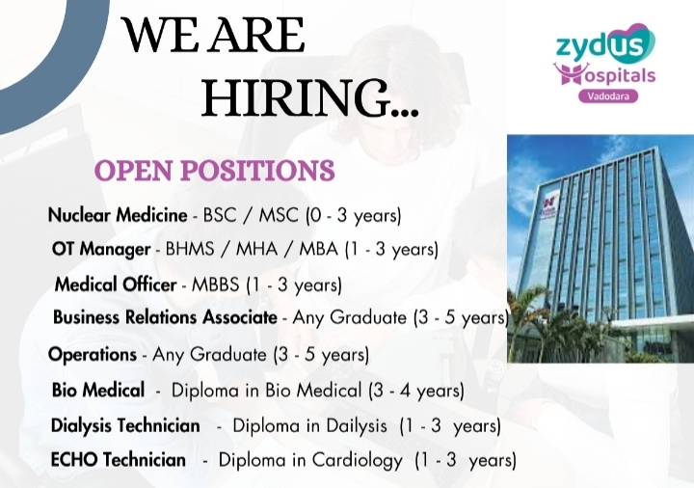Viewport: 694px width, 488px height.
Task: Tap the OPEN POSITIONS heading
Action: pos(214,170)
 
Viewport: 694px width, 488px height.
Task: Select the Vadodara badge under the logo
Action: pos(608,95)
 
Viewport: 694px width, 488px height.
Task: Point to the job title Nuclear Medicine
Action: pos(118,215)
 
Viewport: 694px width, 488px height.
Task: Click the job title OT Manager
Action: pos(101,249)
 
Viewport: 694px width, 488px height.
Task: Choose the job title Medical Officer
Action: pos(116,285)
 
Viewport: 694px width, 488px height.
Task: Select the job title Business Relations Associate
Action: pos(165,317)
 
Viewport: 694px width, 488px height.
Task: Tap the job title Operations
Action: pos(93,354)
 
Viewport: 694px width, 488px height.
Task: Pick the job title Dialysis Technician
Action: pos(125,425)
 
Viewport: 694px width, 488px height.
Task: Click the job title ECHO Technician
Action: pos(119,460)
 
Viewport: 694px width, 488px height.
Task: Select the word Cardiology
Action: pos(358,461)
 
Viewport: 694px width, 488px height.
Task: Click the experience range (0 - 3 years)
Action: pos(354,216)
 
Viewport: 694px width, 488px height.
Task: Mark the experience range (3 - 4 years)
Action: pos(416,391)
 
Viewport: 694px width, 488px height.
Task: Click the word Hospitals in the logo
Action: pos(605,74)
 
